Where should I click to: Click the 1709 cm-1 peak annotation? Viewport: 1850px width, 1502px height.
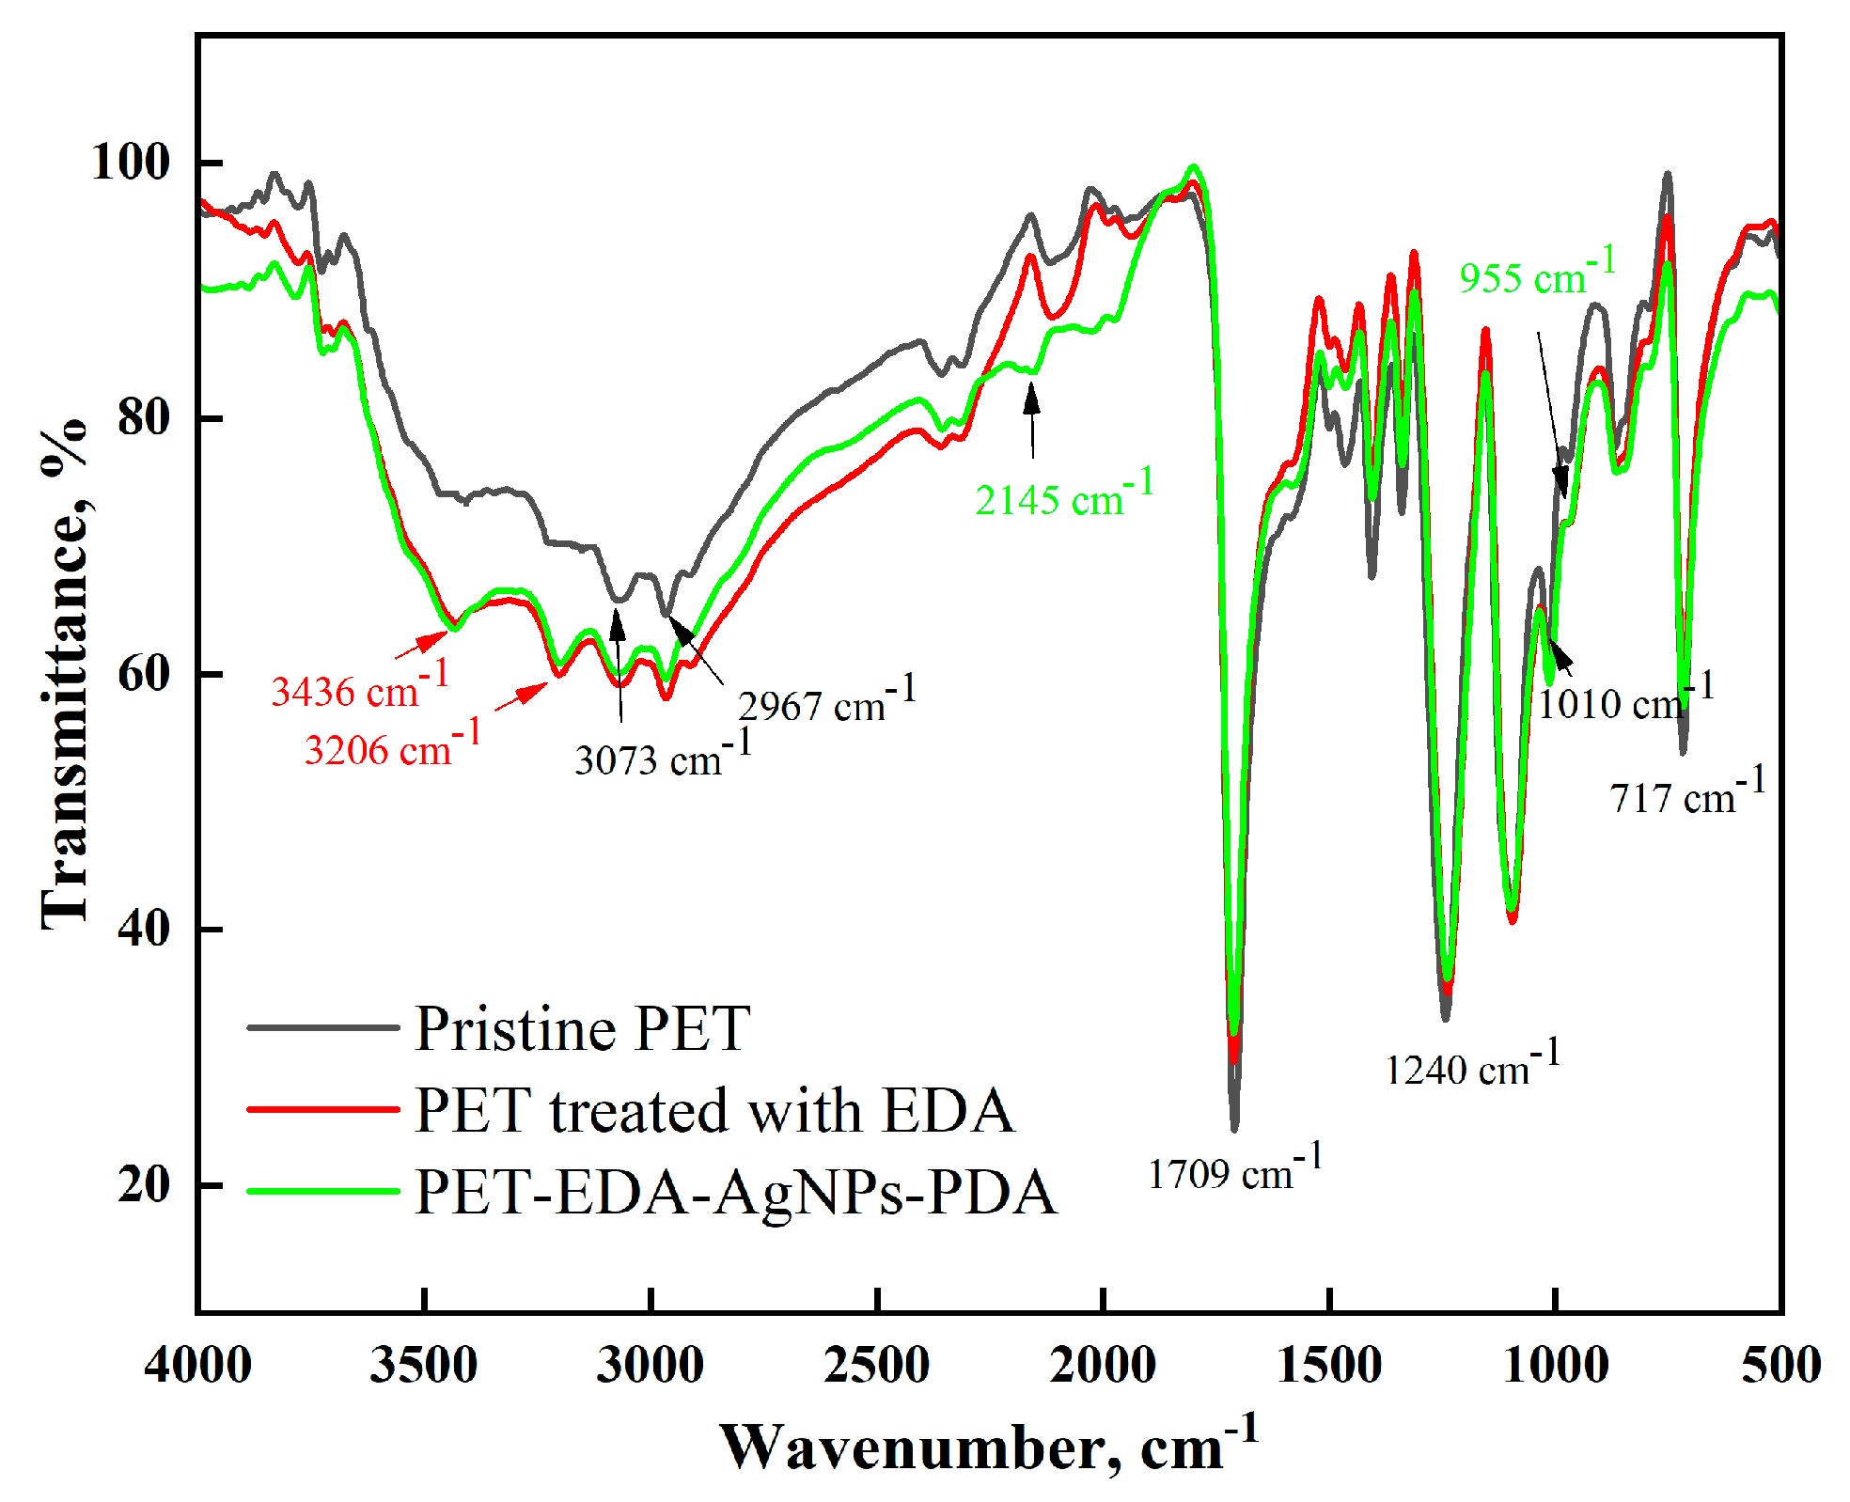pyautogui.click(x=1234, y=1171)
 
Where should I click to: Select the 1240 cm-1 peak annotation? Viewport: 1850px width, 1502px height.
pyautogui.click(x=1472, y=1067)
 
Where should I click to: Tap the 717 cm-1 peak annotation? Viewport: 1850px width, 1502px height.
pyautogui.click(x=1687, y=795)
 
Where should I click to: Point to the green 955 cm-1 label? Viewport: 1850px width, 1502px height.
pyautogui.click(x=1537, y=275)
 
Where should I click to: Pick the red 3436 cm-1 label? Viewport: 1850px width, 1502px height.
pyautogui.click(x=360, y=688)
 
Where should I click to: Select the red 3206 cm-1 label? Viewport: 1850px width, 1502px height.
pyautogui.click(x=393, y=746)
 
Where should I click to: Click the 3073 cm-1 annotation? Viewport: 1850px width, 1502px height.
pyautogui.click(x=663, y=757)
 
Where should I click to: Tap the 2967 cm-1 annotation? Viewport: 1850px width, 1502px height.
pyautogui.click(x=826, y=702)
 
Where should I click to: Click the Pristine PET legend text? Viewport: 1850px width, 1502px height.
pyautogui.click(x=583, y=1028)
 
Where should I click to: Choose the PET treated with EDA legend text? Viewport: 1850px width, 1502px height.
pyautogui.click(x=714, y=1110)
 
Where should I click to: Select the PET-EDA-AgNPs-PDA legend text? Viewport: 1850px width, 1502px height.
pyautogui.click(x=735, y=1192)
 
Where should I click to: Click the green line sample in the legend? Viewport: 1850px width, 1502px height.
pyautogui.click(x=322, y=1192)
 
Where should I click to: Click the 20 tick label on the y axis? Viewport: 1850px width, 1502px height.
pyautogui.click(x=143, y=1184)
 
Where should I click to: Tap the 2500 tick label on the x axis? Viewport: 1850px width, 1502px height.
pyautogui.click(x=876, y=1365)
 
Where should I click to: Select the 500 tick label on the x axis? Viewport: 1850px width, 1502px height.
pyautogui.click(x=1779, y=1365)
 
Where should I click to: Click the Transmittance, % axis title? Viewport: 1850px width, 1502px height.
pyautogui.click(x=64, y=673)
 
